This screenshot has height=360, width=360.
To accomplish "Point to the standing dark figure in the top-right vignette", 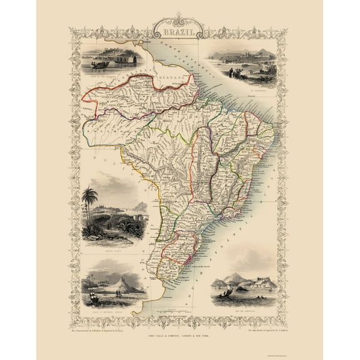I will pyautogui.click(x=231, y=73).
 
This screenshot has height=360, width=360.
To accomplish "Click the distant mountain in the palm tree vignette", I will pyautogui.click(x=139, y=206).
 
